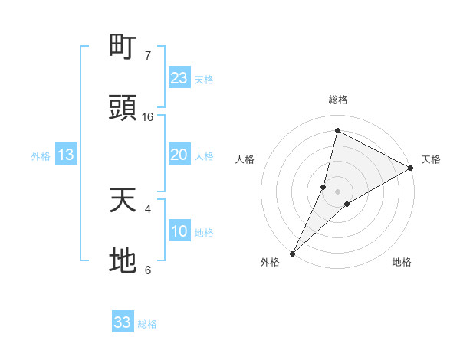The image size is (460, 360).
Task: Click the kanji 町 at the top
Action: tap(123, 47)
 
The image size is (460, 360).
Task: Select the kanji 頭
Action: tap(123, 108)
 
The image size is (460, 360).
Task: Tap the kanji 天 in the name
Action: tap(123, 201)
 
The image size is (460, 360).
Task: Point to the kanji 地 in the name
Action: tap(123, 261)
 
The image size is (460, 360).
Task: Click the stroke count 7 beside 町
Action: tap(148, 56)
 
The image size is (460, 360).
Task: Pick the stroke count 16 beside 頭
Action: tap(148, 116)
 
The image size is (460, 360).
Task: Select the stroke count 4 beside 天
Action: tap(148, 208)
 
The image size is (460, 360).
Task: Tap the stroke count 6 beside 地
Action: tap(148, 270)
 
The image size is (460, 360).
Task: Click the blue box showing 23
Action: tap(179, 78)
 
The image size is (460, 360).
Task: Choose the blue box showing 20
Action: tap(179, 155)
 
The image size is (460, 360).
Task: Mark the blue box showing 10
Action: tap(179, 231)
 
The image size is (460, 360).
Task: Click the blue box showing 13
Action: tap(66, 155)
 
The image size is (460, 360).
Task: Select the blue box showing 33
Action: tap(123, 322)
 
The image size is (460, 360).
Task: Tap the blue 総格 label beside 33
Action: tap(147, 324)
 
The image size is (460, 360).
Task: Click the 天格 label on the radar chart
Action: tap(431, 159)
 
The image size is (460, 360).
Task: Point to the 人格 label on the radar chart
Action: tap(245, 159)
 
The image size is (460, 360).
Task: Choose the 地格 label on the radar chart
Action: tap(402, 262)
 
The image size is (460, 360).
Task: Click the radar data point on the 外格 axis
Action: tap(293, 253)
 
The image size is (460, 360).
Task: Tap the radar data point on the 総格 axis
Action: tap(337, 129)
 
